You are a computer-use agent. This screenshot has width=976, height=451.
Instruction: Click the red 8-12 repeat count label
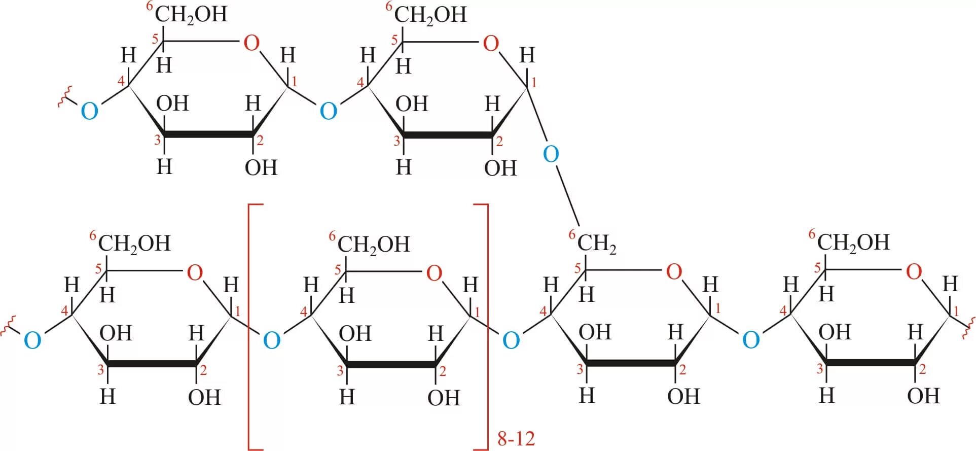pyautogui.click(x=516, y=438)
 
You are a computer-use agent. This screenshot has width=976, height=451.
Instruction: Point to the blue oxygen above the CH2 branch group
pyautogui.click(x=551, y=154)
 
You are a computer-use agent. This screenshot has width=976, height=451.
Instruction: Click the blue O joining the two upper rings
pyautogui.click(x=329, y=111)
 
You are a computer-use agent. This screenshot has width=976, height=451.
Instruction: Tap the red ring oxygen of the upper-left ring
pyautogui.click(x=251, y=43)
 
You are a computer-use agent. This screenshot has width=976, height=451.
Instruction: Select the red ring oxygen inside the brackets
pyautogui.click(x=434, y=273)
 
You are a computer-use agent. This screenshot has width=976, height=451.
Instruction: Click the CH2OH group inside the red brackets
pyautogui.click(x=374, y=245)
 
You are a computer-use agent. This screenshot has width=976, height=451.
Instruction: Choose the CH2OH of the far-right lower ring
pyautogui.click(x=853, y=242)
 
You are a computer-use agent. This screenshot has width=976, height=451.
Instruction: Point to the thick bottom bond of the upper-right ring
pyautogui.click(x=448, y=135)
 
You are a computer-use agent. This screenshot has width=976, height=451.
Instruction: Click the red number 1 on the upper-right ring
pyautogui.click(x=533, y=82)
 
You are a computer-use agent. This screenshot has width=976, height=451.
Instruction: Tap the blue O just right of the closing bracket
pyautogui.click(x=511, y=340)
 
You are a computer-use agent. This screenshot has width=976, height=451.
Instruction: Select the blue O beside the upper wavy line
pyautogui.click(x=89, y=111)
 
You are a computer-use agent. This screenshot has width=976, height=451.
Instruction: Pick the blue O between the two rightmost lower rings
pyautogui.click(x=750, y=339)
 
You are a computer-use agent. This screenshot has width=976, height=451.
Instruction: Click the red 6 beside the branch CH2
pyautogui.click(x=572, y=234)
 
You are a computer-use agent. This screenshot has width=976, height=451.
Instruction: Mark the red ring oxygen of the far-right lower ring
pyautogui.click(x=914, y=272)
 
